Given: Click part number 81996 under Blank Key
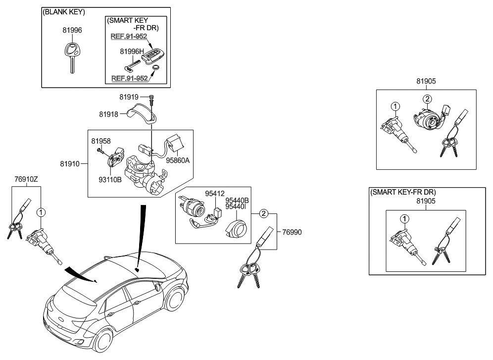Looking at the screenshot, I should coord(73,30).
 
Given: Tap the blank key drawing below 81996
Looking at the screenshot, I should coord(72,56).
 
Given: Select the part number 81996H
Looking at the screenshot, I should coord(131,51).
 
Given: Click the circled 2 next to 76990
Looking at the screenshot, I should coord(264,213).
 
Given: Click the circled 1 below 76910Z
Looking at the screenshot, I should coord(41,212).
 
